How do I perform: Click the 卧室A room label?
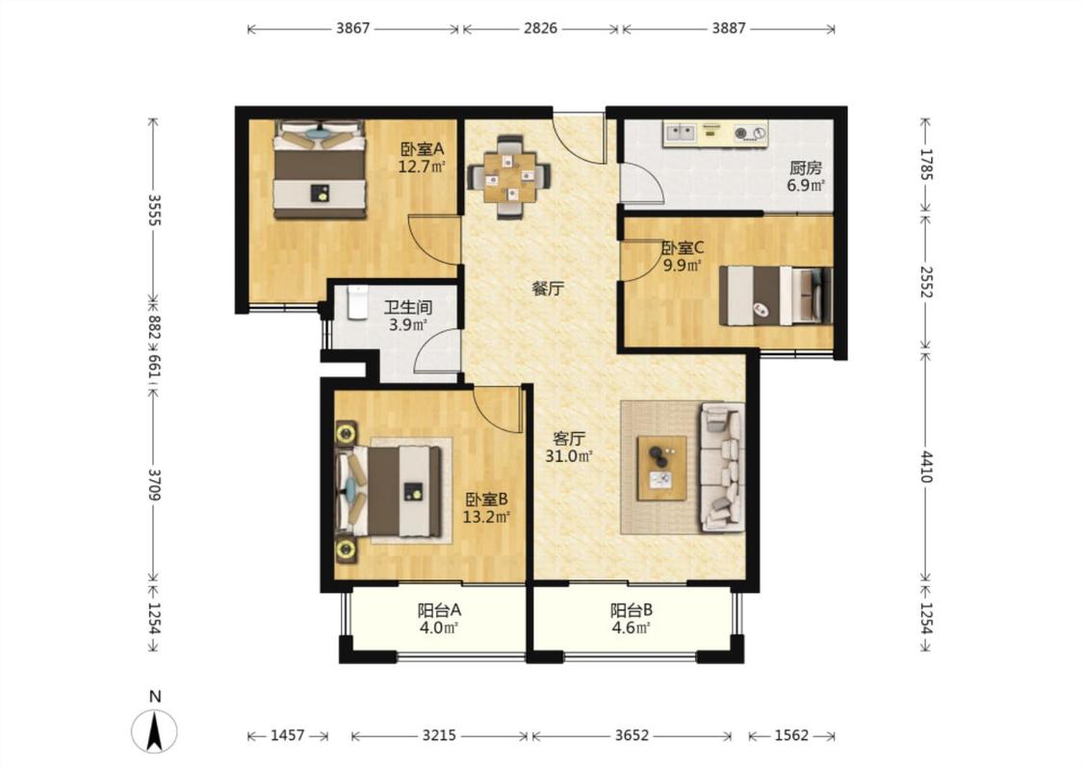click(x=422, y=148)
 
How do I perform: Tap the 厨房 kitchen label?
click(x=806, y=167)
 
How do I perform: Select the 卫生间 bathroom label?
click(x=408, y=307)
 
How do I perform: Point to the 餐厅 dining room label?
click(x=548, y=289)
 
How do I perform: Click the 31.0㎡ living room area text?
click(x=569, y=456)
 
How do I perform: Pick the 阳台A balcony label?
click(x=439, y=610)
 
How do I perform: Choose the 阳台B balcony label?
click(x=632, y=610)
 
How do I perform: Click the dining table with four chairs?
click(x=509, y=177)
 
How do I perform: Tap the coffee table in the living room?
click(x=661, y=468)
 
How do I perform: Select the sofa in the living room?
click(x=722, y=468)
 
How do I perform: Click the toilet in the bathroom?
click(x=356, y=302)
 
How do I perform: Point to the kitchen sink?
click(x=680, y=132)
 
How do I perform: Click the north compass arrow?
click(x=155, y=731)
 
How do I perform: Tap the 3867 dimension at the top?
click(x=353, y=28)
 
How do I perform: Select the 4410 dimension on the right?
click(x=926, y=467)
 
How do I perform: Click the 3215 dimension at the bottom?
click(x=439, y=735)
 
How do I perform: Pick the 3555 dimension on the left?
click(x=154, y=210)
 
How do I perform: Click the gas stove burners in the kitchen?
click(x=750, y=132)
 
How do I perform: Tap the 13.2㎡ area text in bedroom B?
click(x=486, y=517)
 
